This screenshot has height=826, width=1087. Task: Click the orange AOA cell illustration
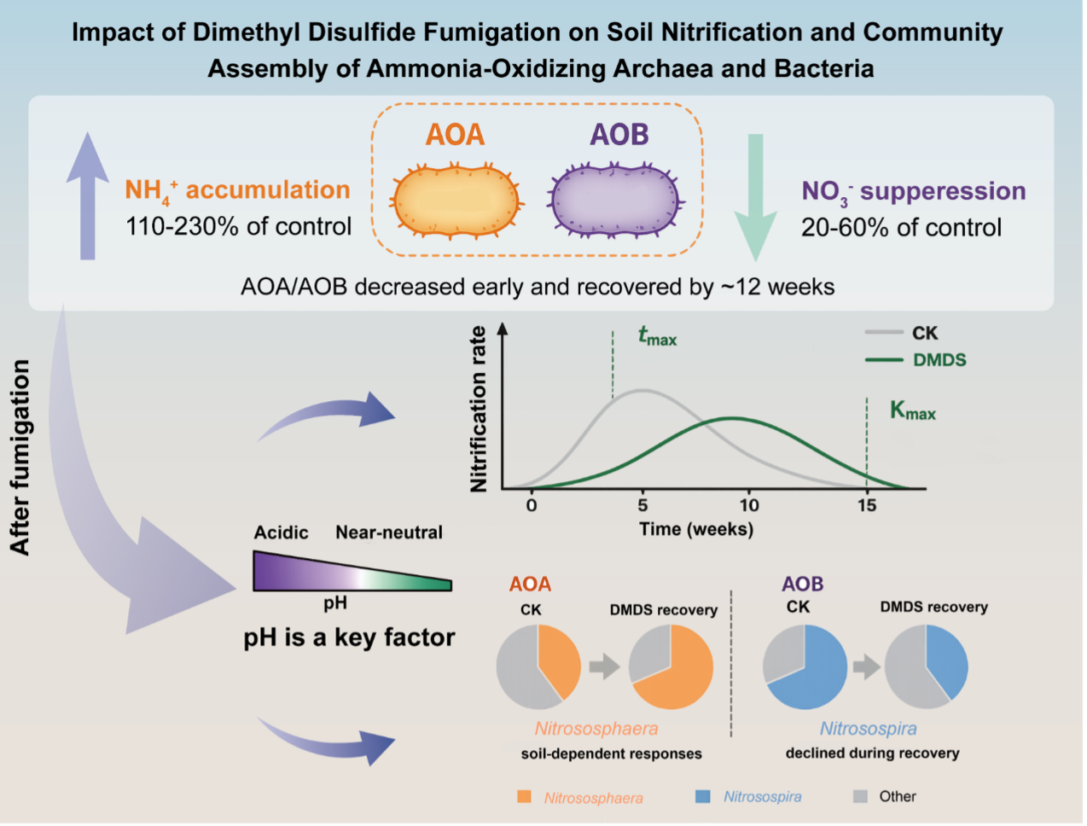456,201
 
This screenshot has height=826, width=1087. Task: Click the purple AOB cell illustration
615,201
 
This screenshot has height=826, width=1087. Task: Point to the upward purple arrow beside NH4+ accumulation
88,195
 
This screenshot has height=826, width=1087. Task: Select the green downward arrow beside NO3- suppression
755,197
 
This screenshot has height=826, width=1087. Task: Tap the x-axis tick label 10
749,506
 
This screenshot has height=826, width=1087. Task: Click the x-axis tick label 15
867,506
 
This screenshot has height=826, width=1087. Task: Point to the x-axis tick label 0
532,506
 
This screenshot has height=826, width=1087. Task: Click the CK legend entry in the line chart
901,334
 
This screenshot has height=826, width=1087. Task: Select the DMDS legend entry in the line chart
916,360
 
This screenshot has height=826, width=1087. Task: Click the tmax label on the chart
657,336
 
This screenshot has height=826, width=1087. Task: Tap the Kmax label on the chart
913,410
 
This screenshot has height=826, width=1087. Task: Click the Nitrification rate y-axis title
479,409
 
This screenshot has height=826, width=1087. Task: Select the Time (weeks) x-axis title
696,529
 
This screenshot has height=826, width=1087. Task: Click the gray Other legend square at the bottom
860,796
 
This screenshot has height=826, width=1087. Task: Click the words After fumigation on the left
20,457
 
